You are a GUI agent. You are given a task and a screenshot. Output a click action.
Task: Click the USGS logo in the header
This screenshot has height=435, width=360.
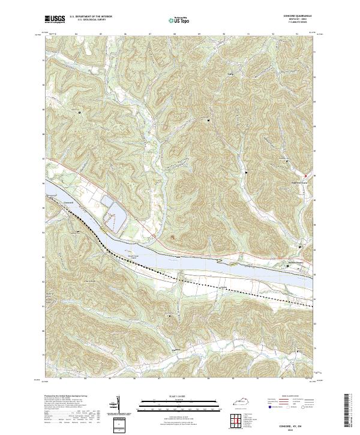pyautogui.click(x=55, y=20)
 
